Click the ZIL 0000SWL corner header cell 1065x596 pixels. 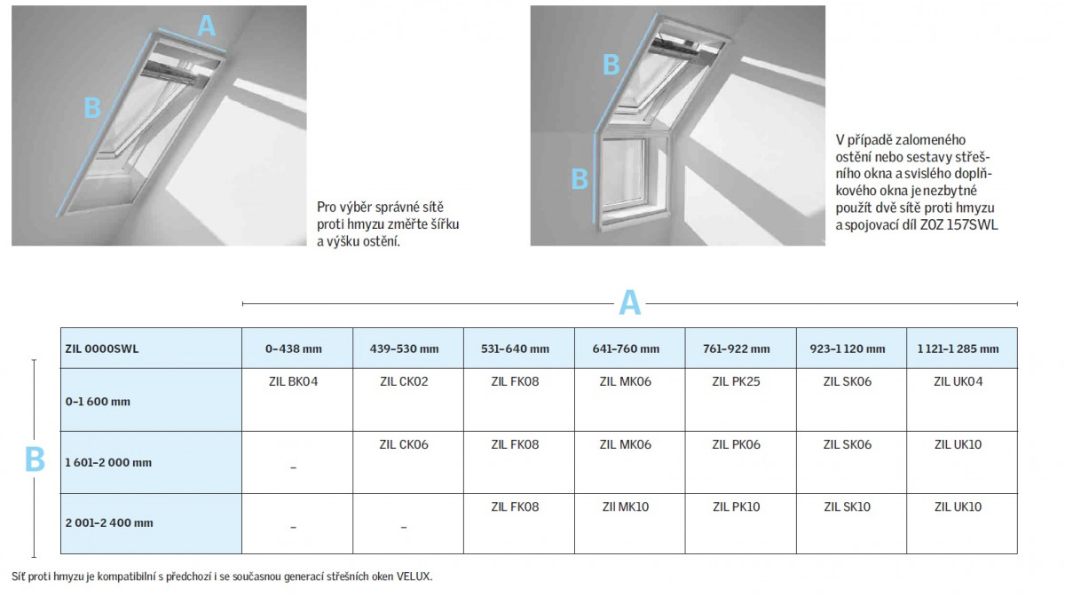tap(151, 348)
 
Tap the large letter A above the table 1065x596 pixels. tap(630, 302)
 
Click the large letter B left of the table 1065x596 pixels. tap(35, 459)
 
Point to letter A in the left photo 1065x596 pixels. tap(206, 26)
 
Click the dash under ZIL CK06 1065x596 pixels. tap(404, 527)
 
